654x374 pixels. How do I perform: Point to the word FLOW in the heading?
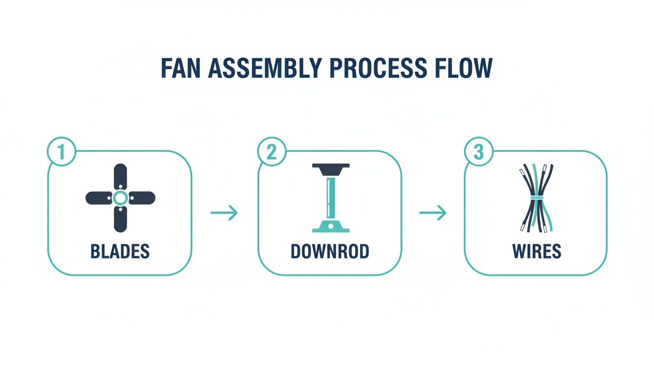(465, 69)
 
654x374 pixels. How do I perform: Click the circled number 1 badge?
(61, 152)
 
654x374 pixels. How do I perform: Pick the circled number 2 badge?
(271, 152)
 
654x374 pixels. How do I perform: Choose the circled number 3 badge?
(479, 152)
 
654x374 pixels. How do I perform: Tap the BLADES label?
(120, 251)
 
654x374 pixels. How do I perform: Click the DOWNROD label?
(330, 251)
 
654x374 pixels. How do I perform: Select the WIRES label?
(537, 251)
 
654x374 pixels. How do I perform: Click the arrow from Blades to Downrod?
(224, 213)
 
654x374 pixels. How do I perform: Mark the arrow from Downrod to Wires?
(433, 213)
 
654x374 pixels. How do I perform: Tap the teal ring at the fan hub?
(120, 198)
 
